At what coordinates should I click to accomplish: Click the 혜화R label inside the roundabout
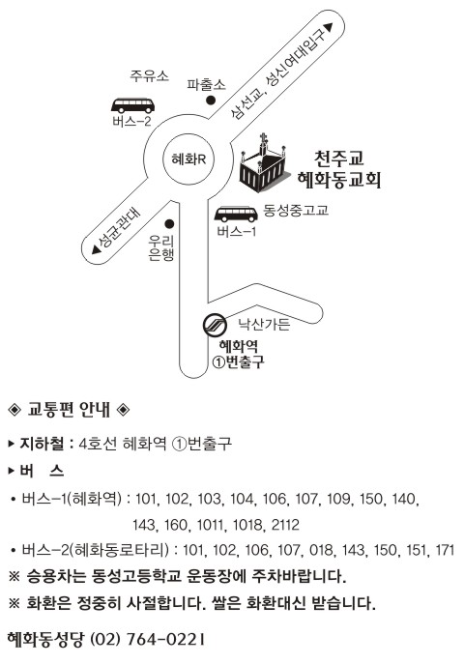(x=188, y=159)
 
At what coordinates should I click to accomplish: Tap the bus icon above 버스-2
(x=133, y=105)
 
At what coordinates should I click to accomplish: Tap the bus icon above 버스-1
(x=236, y=215)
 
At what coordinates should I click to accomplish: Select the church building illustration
(x=263, y=163)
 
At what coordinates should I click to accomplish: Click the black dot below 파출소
(x=211, y=101)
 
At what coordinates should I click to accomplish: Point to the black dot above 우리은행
(x=170, y=223)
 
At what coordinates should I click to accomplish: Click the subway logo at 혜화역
(x=215, y=325)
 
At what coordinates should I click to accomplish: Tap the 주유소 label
(x=150, y=76)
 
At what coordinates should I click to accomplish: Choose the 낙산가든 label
(x=264, y=325)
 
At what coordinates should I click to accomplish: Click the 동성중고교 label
(x=296, y=211)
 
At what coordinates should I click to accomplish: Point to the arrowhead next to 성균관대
(x=97, y=250)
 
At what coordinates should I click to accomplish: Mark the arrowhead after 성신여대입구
(x=329, y=27)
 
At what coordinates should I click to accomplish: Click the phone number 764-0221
(x=166, y=639)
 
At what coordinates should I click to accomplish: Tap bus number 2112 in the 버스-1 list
(x=285, y=525)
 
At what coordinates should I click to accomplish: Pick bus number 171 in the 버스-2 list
(x=445, y=550)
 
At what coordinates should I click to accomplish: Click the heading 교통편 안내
(x=69, y=410)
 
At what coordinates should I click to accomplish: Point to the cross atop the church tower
(x=263, y=137)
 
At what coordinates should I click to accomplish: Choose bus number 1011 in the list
(x=210, y=525)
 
